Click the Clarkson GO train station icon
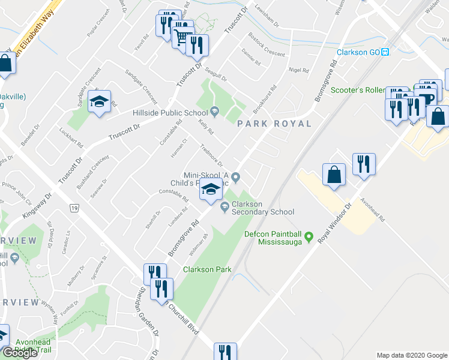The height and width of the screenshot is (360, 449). tap(385, 52)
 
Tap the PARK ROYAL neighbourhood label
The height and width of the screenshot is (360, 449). tap(274, 124)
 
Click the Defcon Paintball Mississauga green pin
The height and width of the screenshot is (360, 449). tap(309, 238)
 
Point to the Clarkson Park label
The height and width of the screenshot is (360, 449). tap(207, 269)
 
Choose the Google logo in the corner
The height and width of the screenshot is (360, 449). tap(20, 352)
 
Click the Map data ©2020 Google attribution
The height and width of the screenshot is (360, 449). tap(411, 355)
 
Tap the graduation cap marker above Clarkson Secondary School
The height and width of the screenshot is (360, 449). tap(210, 190)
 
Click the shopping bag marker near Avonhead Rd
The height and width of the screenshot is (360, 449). tap(334, 175)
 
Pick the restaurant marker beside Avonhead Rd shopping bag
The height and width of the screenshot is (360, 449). tap(363, 164)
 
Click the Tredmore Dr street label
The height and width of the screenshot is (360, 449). tap(211, 158)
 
